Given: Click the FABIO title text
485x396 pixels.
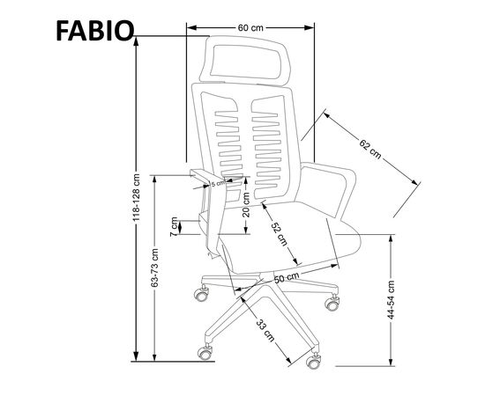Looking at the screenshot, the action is tap(95, 31).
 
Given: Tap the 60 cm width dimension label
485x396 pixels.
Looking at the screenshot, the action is tap(250, 28).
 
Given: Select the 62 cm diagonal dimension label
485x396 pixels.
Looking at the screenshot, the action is tap(370, 149).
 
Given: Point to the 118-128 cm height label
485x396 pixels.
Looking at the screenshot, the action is tap(137, 197).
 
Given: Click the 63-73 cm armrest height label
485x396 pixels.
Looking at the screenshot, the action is tap(154, 268).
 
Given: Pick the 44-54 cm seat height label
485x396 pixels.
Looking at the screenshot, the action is tap(391, 300).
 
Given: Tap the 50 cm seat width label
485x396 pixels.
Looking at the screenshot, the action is tap(287, 277).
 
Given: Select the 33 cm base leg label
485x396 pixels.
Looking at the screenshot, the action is tap(265, 330).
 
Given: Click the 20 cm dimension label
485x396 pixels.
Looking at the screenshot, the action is tap(246, 205).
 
